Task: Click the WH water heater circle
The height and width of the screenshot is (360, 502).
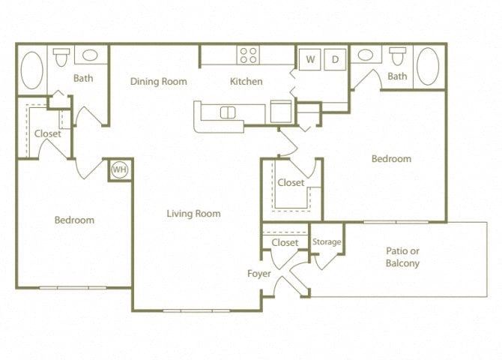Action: (119, 169)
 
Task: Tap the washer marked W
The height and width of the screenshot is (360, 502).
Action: (309, 59)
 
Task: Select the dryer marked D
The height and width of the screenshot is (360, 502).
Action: (335, 59)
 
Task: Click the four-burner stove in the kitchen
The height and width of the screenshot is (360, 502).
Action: (248, 55)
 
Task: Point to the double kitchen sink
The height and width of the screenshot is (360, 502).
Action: (228, 112)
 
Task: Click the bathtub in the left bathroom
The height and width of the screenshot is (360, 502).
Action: (31, 70)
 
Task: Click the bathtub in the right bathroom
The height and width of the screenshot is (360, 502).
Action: (429, 66)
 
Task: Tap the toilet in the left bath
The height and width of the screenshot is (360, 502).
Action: (61, 57)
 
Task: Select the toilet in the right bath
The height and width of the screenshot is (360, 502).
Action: (397, 55)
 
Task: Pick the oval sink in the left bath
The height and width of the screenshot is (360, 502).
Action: (90, 55)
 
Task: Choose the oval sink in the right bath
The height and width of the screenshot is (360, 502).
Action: (366, 55)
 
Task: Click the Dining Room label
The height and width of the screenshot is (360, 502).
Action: (159, 82)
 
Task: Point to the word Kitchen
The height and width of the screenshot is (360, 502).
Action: (247, 82)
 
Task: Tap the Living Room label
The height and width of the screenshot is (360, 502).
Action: (193, 214)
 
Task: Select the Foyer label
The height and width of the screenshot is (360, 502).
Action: (259, 274)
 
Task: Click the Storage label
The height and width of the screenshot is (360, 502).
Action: (327, 241)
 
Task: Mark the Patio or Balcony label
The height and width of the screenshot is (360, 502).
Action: (402, 257)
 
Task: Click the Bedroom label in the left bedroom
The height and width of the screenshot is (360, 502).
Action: (74, 220)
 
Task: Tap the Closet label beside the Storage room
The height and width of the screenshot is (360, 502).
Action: (285, 242)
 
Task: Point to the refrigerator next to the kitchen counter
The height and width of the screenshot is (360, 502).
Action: (281, 111)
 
